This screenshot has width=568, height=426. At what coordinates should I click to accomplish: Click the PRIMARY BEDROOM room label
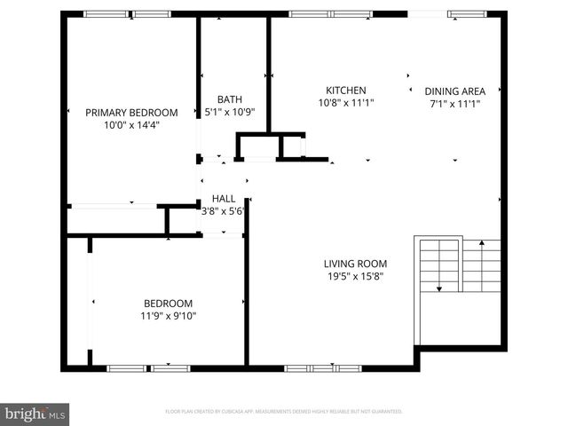[x=131, y=113]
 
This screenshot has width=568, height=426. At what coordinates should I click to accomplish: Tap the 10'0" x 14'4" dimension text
[x=131, y=125]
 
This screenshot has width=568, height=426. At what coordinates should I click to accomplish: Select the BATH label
[x=229, y=100]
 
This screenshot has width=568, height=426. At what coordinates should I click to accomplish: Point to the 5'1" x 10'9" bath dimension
[x=229, y=113]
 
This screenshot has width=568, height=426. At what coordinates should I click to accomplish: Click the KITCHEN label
[x=345, y=91]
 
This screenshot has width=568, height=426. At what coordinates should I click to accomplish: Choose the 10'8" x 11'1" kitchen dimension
[x=345, y=103]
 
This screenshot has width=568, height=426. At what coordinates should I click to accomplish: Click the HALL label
[x=223, y=199]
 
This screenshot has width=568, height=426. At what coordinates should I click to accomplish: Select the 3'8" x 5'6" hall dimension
[x=223, y=211]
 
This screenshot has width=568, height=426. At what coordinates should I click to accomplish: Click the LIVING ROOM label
[x=354, y=264]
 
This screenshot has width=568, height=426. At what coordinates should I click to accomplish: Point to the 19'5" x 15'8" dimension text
[x=354, y=276]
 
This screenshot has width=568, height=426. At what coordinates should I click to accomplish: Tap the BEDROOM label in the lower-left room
[x=167, y=302]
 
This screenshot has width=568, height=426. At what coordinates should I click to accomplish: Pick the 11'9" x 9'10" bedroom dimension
[x=167, y=314]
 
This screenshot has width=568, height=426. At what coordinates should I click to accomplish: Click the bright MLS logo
[x=35, y=413]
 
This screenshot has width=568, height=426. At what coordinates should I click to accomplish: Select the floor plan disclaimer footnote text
[x=284, y=412]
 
